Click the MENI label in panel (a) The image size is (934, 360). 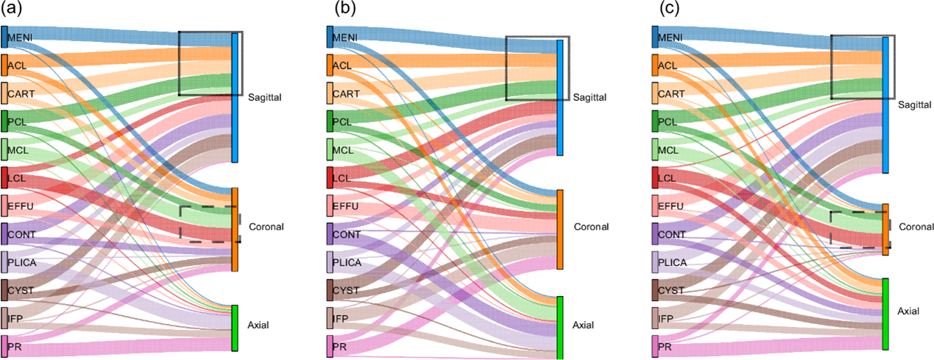(20, 38)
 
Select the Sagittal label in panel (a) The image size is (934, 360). (264, 96)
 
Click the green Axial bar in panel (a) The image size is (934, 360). (235, 328)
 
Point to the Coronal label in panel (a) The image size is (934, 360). (266, 226)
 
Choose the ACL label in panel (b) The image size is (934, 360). (342, 66)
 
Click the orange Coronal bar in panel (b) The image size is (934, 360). (560, 229)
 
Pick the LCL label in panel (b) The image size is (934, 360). (342, 178)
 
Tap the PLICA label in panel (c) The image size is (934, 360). (671, 262)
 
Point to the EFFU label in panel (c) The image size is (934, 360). (670, 206)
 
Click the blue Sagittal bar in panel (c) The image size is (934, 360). (885, 105)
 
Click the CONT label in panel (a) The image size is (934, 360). (21, 234)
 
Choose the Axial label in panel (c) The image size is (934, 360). (909, 312)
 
